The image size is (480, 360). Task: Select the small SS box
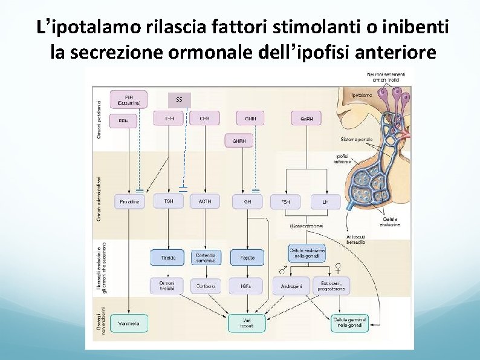pyautogui.click(x=179, y=99)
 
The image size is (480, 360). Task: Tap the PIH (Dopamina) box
pyautogui.click(x=129, y=99)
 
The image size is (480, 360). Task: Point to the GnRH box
pyautogui.click(x=306, y=119)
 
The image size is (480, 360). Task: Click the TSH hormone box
pyautogui.click(x=168, y=201)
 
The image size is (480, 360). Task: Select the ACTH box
pyautogui.click(x=205, y=201)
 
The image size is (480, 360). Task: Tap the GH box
pyautogui.click(x=247, y=201)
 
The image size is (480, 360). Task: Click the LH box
pyautogui.click(x=325, y=201)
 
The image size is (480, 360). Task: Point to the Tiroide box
pyautogui.click(x=168, y=257)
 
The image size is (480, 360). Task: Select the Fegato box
pyautogui.click(x=247, y=257)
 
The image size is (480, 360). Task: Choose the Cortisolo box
pyautogui.click(x=206, y=285)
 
